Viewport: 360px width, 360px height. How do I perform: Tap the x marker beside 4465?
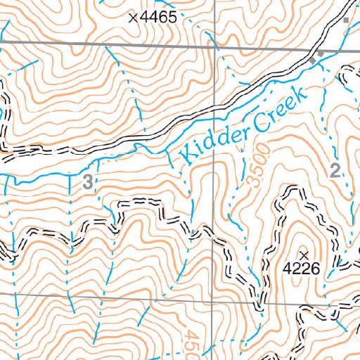coord(132,18)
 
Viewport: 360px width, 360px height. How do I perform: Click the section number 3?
coord(87,183)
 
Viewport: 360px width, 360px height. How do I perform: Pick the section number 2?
coord(335,169)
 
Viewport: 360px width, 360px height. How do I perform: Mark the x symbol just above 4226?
coord(304,253)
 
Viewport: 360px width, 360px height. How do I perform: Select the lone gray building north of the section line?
coord(345,20)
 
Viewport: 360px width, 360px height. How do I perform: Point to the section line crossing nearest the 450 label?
coord(214,302)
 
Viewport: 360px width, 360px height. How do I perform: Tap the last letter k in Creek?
coord(301,93)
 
